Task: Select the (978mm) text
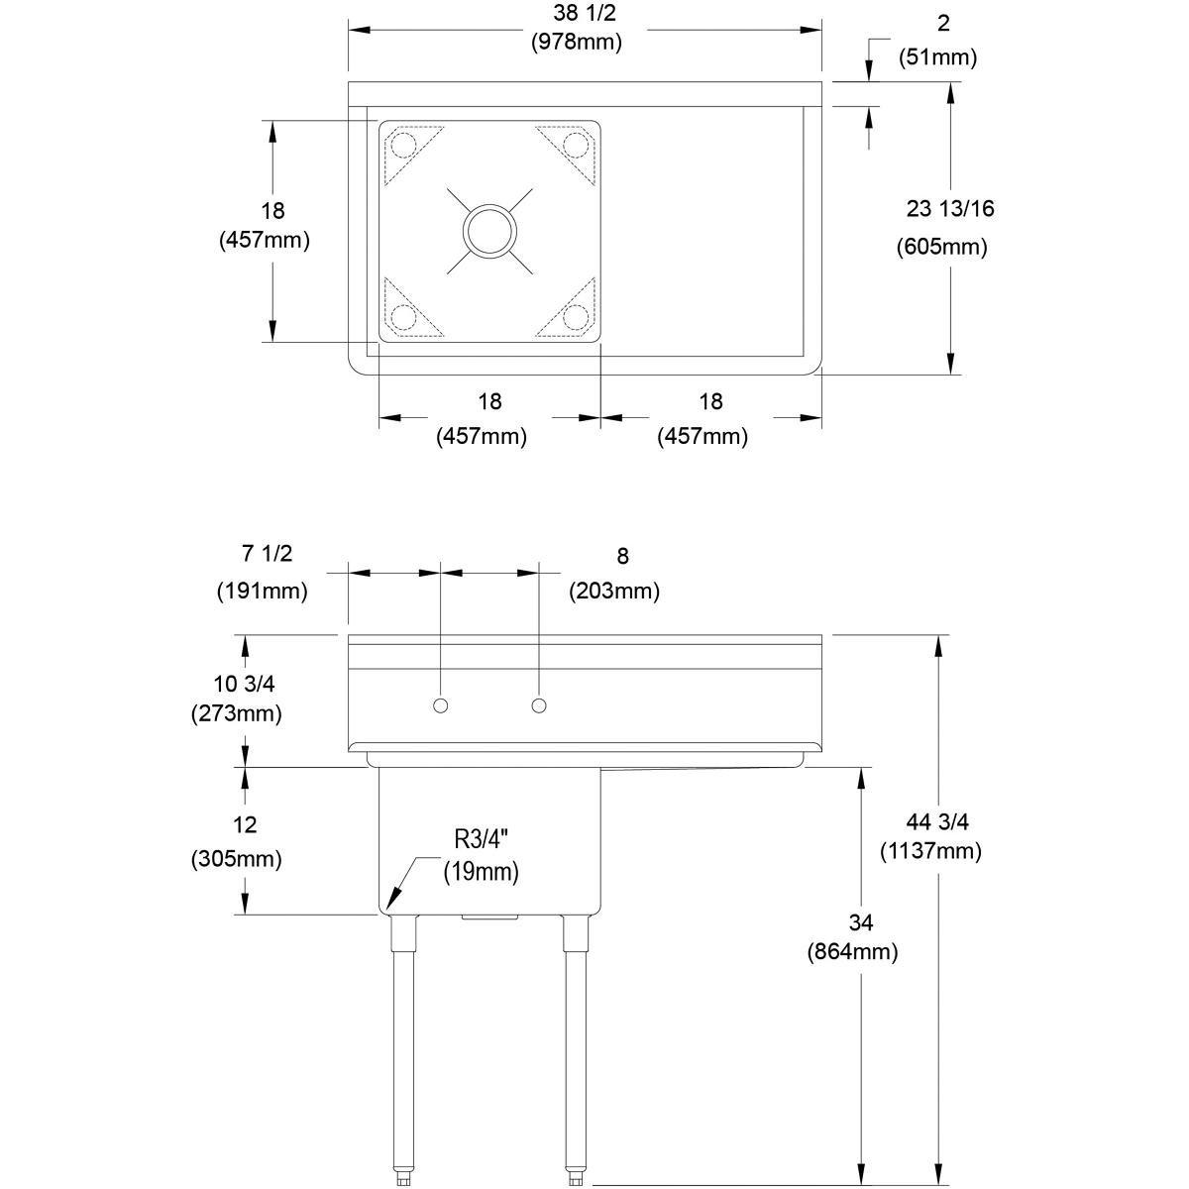click(576, 43)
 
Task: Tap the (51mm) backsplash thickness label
click(937, 57)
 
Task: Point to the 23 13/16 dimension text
click(950, 208)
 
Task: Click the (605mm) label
click(941, 247)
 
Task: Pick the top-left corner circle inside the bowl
click(404, 146)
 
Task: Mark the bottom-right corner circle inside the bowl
click(575, 316)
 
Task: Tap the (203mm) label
click(613, 592)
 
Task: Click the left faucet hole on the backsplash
click(440, 704)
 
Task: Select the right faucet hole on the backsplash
click(539, 704)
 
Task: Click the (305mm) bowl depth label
click(236, 859)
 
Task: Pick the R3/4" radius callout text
click(481, 839)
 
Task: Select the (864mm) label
click(853, 952)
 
